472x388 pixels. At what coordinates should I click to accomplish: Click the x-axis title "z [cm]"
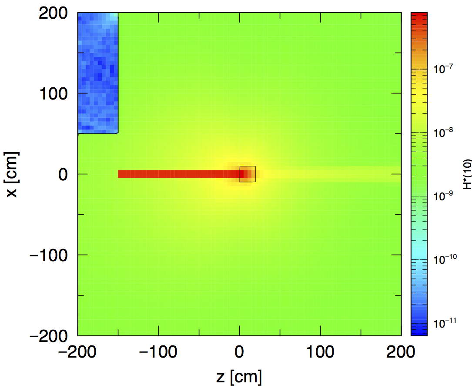point(239,376)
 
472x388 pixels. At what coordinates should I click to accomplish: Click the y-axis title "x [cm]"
point(13,174)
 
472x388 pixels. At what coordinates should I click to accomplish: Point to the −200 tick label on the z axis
point(78,352)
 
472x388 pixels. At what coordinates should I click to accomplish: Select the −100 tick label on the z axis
point(158,352)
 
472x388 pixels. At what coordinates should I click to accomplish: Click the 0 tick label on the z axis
point(239,352)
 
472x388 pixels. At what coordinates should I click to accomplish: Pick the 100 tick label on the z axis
point(320,352)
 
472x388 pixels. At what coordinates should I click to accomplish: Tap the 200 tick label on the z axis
point(401,352)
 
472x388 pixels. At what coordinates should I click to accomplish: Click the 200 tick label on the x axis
point(54,13)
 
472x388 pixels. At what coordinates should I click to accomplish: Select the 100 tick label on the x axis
point(54,93)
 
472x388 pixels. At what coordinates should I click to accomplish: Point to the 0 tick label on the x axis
point(64,174)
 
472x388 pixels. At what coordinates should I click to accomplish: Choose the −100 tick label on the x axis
point(49,255)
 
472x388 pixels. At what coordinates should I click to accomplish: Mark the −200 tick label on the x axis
point(49,335)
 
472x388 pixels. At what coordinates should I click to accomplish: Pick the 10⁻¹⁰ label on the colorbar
point(443,259)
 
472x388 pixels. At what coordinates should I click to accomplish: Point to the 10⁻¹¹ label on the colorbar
point(443,323)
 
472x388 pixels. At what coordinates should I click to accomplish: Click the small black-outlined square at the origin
point(247,174)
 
